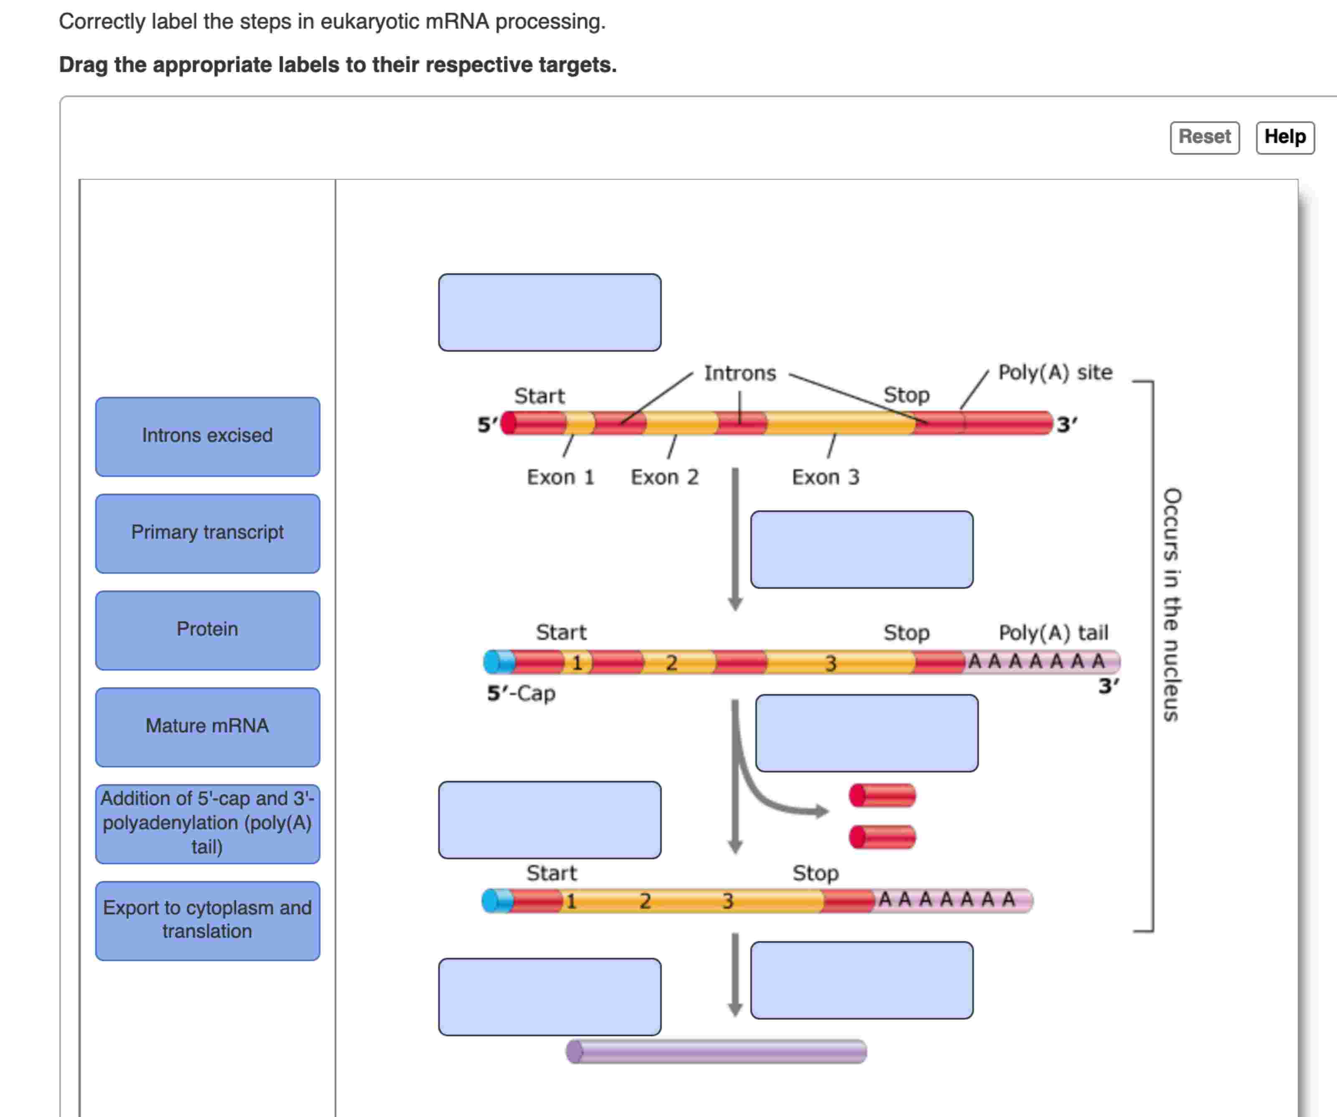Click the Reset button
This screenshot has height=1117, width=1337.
(x=1204, y=137)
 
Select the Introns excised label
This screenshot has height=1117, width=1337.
(x=207, y=436)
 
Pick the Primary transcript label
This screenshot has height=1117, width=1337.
(x=207, y=533)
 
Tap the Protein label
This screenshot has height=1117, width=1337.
(x=207, y=630)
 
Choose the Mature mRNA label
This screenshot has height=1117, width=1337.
(x=207, y=727)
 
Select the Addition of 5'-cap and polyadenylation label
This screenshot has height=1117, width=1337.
(x=207, y=824)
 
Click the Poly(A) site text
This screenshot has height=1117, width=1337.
(x=1055, y=373)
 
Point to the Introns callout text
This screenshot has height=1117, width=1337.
(x=740, y=373)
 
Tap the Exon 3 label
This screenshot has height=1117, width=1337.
(x=825, y=477)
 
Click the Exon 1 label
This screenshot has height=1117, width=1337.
(x=560, y=477)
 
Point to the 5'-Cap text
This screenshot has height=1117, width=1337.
(x=521, y=693)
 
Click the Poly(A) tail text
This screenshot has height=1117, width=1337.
(x=1053, y=633)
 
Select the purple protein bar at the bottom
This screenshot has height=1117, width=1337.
(x=716, y=1051)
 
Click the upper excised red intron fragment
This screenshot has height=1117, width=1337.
(x=883, y=796)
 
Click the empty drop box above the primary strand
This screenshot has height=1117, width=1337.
(x=550, y=313)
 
